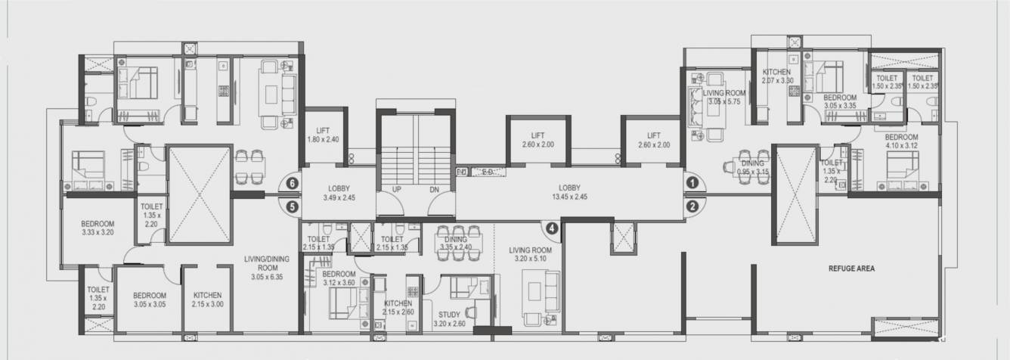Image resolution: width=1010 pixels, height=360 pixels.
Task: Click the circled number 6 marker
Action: coord(291,183)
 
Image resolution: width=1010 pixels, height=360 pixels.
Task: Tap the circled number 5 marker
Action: coord(291,205)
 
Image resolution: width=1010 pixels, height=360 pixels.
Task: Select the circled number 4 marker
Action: coord(552,227)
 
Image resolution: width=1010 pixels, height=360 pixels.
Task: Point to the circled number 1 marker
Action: coord(692,182)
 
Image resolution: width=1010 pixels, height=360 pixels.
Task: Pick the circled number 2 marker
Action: coord(692,205)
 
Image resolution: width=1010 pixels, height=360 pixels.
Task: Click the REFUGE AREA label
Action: coord(851,268)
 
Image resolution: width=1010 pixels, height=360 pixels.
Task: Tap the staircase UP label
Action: coord(396,190)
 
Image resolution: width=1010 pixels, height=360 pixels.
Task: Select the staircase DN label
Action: coord(434,190)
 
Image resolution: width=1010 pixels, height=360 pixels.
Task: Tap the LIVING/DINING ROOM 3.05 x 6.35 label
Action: coord(266,268)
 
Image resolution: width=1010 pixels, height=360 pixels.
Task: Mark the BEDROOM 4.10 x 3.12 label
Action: coord(900,141)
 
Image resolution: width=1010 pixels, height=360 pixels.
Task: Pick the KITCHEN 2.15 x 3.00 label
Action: coord(207,299)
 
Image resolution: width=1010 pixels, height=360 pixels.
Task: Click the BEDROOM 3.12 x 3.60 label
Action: coord(339,278)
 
